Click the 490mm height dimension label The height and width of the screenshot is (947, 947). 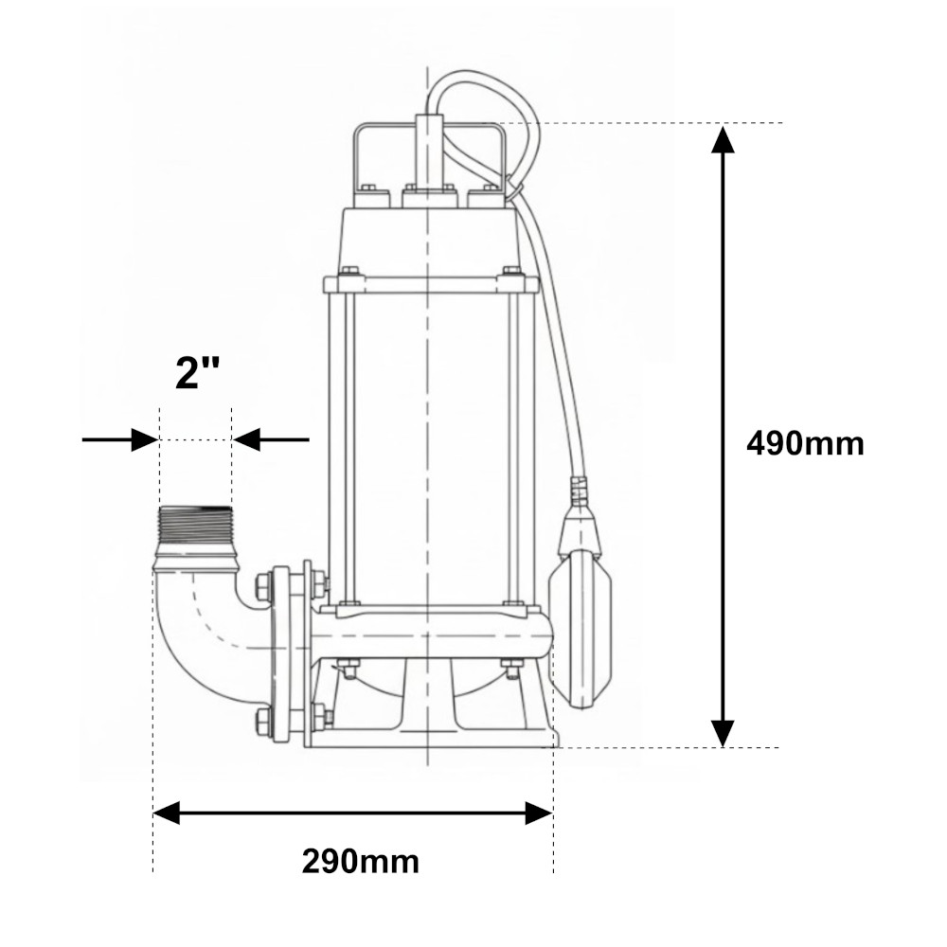tap(805, 444)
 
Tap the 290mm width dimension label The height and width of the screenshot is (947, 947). tap(361, 861)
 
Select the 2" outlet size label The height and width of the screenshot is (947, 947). tap(197, 372)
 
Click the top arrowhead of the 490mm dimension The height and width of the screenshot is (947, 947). tap(723, 140)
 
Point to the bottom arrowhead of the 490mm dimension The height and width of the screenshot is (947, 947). tap(723, 733)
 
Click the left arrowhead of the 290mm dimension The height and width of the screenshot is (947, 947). tap(167, 813)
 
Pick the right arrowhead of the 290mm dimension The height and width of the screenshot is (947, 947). tap(539, 813)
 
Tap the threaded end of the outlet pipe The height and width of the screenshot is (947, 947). tap(195, 526)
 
